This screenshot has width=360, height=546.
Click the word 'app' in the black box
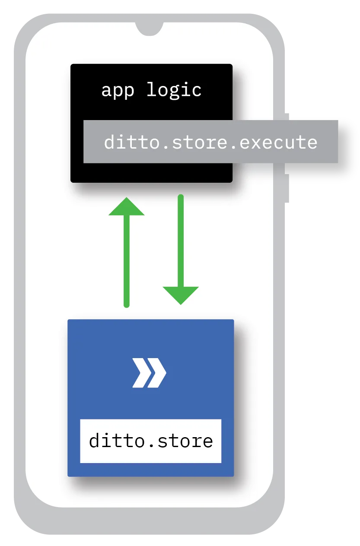[118, 91]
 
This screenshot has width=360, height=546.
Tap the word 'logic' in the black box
[174, 90]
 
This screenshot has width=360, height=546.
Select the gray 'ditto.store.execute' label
[210, 142]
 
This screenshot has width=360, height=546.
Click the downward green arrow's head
[181, 295]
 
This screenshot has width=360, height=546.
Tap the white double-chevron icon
[149, 373]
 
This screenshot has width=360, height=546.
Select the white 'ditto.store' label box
[151, 441]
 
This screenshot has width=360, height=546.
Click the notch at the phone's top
[149, 29]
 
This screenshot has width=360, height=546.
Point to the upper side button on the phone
[287, 117]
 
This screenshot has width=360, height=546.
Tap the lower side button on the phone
[287, 188]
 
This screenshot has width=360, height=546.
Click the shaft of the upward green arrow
[126, 261]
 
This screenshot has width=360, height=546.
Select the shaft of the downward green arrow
[181, 241]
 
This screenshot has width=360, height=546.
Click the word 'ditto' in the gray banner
[132, 142]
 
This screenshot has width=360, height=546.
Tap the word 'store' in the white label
[185, 441]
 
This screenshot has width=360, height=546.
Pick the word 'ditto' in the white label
[117, 441]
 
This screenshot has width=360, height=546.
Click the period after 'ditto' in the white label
[151, 446]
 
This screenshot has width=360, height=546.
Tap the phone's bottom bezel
[149, 521]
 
